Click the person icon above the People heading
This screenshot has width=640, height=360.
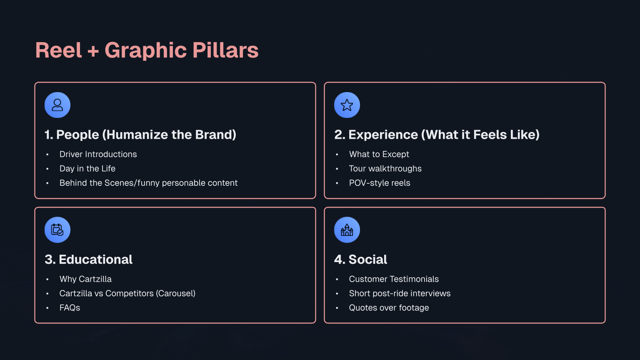pos(57,105)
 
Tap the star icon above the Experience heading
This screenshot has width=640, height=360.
pos(347,105)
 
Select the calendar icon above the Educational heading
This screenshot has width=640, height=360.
pos(57,230)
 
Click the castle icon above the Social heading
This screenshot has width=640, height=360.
pos(347,230)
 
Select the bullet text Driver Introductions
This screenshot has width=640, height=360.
pos(98,154)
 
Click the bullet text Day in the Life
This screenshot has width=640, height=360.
pos(87,168)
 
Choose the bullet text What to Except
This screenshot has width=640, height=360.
pos(379,154)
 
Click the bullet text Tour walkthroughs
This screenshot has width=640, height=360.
pos(385,168)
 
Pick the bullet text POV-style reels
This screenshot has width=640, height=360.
pos(379,183)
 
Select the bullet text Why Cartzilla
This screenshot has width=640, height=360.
pos(85,279)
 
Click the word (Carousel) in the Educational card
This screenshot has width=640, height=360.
pos(175,293)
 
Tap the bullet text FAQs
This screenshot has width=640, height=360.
pos(70,307)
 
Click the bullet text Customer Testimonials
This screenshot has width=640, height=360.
pos(393,279)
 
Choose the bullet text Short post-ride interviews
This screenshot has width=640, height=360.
pos(399,293)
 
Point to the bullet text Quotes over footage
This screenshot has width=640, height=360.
pos(389,307)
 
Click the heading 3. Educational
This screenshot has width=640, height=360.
pos(88,260)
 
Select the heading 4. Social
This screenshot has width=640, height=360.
pos(360,260)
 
